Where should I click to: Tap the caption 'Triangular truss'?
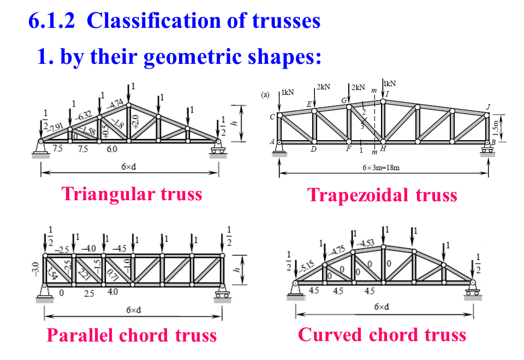132,194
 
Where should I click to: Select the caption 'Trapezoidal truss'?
382,195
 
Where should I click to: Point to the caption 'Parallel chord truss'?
132,334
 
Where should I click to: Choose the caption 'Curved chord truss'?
382,334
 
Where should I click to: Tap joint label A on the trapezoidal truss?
272,141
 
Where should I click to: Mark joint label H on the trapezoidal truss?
384,148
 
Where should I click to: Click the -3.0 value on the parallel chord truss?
36,268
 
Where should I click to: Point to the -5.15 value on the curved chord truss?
308,268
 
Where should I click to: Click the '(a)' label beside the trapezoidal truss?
266,94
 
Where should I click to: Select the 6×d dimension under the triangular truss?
129,166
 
